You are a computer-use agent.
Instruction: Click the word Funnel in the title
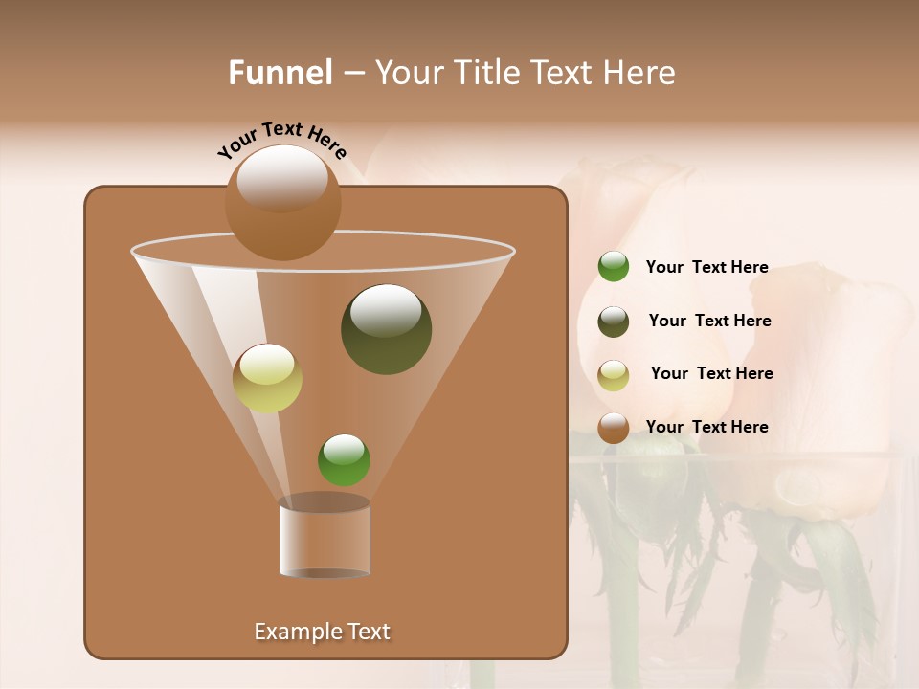click(x=280, y=73)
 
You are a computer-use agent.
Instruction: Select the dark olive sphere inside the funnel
click(x=386, y=329)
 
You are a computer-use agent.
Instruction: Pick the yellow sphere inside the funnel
click(x=267, y=379)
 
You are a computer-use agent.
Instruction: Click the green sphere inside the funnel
click(x=344, y=460)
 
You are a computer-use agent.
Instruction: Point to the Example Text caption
click(x=323, y=632)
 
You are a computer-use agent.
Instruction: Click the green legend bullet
click(x=614, y=267)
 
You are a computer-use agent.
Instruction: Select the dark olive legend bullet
click(x=614, y=322)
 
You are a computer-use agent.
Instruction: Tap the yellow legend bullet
click(x=614, y=375)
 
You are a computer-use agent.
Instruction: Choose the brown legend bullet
click(x=614, y=428)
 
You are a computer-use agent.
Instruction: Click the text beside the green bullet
click(x=706, y=267)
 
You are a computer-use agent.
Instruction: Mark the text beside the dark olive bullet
click(x=709, y=321)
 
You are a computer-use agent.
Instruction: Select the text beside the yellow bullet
click(x=711, y=373)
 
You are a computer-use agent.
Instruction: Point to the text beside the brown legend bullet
click(x=706, y=427)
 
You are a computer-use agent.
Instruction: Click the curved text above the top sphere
click(x=281, y=138)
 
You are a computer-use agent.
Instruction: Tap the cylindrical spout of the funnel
click(x=325, y=538)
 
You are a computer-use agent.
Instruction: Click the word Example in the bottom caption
click(x=295, y=632)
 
